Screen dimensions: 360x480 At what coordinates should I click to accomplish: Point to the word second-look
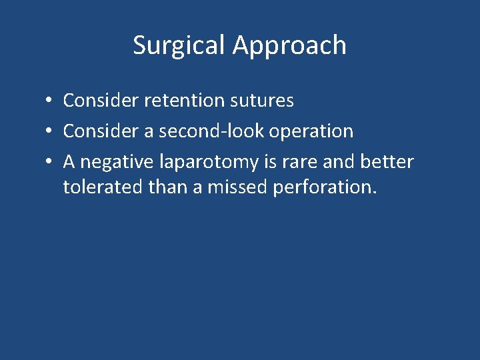tap(212, 131)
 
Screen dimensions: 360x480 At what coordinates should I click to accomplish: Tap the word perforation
tap(325, 188)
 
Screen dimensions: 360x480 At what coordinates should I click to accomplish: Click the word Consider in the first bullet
tap(96, 101)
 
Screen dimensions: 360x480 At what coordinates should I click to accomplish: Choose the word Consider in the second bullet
tap(96, 131)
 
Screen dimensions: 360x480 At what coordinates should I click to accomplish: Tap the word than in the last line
tap(163, 187)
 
